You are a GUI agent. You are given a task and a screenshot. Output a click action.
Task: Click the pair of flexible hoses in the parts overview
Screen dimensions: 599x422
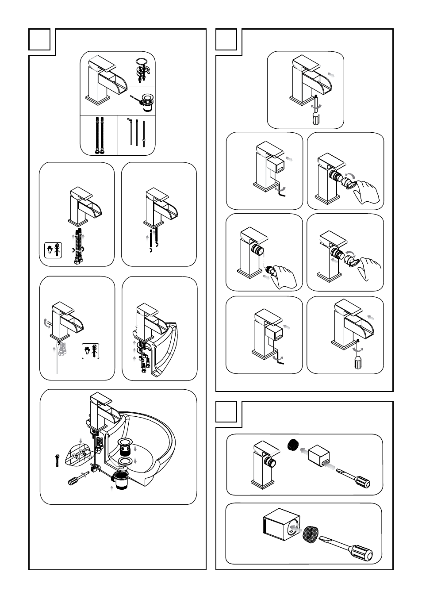[99, 135]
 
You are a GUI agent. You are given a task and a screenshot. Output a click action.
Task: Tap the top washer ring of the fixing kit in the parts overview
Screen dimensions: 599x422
[142, 61]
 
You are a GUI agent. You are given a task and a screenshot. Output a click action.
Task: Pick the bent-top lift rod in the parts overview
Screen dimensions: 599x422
[130, 131]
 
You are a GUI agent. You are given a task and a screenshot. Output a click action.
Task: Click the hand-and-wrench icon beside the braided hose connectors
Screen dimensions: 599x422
[53, 250]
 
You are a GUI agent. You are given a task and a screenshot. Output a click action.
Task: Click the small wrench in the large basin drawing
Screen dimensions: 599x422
[57, 460]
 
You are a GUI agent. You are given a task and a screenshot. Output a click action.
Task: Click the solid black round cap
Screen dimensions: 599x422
[292, 444]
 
